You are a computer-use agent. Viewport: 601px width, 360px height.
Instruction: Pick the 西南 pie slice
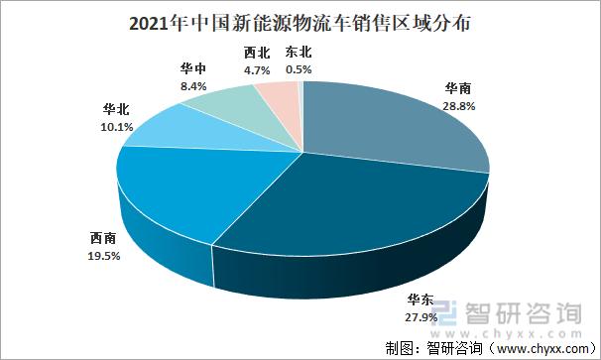(x=179, y=193)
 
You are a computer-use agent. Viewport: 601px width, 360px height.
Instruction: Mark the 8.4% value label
(x=193, y=86)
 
